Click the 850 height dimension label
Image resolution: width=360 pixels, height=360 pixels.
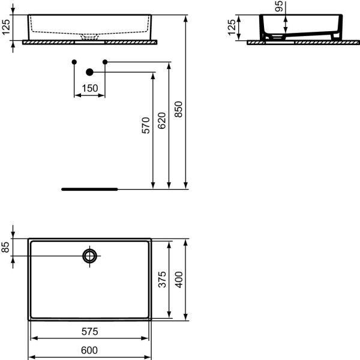point(178,109)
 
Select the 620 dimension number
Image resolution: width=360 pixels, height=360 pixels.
point(161,121)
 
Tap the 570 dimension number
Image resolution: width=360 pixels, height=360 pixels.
point(146,125)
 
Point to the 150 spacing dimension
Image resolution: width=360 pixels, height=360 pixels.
point(90,88)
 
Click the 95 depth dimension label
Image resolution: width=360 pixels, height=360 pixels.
point(279,6)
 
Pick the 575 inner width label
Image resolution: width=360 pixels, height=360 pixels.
point(90,332)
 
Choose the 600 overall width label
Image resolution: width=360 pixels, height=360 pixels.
point(89,350)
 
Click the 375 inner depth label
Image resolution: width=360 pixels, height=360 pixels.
point(162,280)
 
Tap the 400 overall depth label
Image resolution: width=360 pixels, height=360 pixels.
point(179,280)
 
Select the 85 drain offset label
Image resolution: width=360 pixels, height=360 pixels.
point(5,247)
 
